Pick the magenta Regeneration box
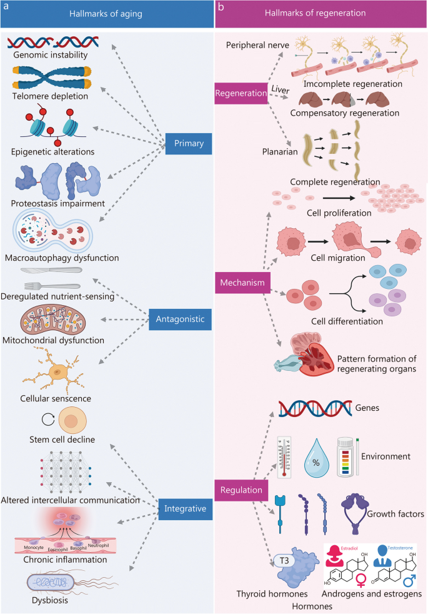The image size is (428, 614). pyautogui.click(x=241, y=93)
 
